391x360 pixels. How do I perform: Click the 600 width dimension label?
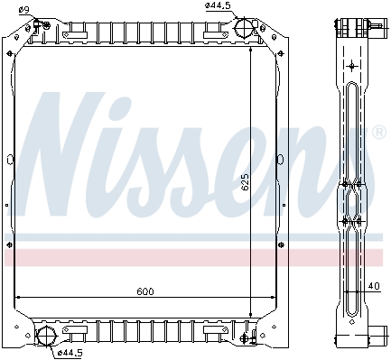point(145,291)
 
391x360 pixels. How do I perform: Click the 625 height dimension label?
point(246,181)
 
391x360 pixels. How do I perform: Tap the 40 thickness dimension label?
point(374,286)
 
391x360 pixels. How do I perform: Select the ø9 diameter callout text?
point(23,10)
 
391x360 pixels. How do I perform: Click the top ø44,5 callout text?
point(217,5)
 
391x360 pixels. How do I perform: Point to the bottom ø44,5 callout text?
point(70,353)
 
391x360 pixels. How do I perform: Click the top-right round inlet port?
point(244,28)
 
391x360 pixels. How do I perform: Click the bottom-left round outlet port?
point(47,336)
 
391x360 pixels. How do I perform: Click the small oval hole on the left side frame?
point(10,160)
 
